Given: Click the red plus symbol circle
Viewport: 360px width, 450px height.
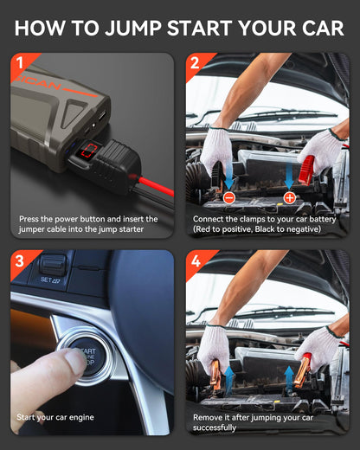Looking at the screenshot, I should coord(289,198).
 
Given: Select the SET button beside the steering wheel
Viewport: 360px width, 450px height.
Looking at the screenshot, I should coord(50,280).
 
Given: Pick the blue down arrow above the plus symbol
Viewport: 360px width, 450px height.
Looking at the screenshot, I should coord(289,177).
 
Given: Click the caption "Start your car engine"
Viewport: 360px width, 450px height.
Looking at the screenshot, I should coord(61,417).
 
